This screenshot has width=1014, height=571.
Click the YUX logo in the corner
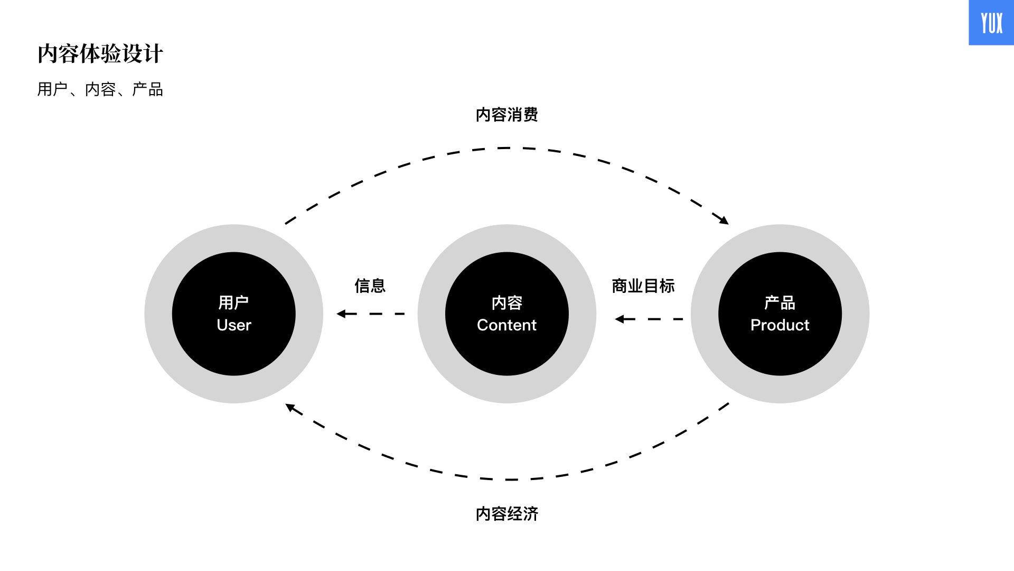[x=991, y=23]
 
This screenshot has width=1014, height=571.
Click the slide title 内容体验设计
[x=100, y=54]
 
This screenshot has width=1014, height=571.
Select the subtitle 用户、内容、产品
[x=100, y=89]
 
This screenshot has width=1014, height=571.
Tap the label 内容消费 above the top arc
[x=507, y=115]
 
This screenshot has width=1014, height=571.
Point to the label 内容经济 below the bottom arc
[x=507, y=514]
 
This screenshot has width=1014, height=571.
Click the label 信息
[x=370, y=286]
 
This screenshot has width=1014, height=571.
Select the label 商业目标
[x=643, y=286]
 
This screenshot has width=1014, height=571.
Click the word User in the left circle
[x=234, y=325]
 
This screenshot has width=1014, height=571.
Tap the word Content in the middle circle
[x=507, y=325]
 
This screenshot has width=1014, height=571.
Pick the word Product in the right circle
[x=780, y=325]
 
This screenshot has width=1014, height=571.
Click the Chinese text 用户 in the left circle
[x=234, y=303]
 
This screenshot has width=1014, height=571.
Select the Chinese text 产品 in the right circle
[x=780, y=303]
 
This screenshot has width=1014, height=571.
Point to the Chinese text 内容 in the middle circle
[x=507, y=303]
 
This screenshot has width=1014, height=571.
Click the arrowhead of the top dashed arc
[x=724, y=219]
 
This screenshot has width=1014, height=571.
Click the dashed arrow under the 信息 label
[x=371, y=314]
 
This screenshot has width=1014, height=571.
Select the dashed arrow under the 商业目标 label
[x=649, y=319]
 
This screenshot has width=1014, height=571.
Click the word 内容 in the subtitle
[x=100, y=89]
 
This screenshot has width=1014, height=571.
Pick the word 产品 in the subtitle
[x=148, y=89]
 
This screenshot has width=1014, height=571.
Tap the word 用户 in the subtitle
[x=53, y=89]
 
